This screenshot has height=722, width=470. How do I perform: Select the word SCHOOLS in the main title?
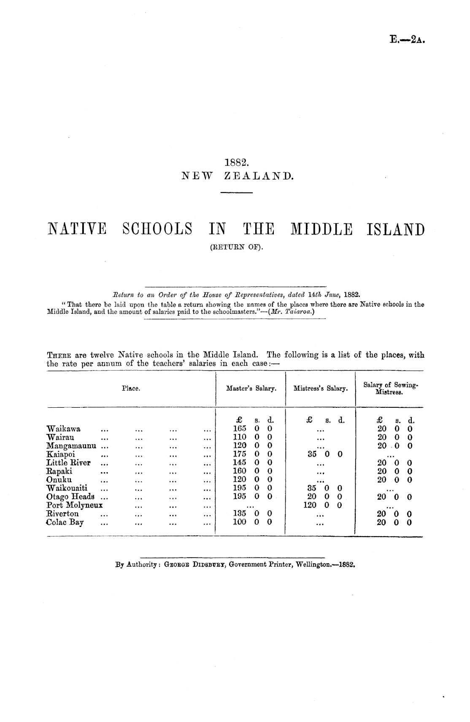[157, 230]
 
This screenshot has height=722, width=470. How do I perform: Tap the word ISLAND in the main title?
[396, 230]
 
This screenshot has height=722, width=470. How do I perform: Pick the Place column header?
[131, 388]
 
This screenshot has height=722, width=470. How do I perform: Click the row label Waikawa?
[64, 429]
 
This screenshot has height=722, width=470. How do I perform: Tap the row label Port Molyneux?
[75, 505]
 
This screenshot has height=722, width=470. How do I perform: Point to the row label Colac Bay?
[65, 522]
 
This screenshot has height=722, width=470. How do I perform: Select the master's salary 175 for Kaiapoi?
[240, 455]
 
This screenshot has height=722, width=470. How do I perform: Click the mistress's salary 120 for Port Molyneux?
[311, 505]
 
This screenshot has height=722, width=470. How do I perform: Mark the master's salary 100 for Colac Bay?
[240, 522]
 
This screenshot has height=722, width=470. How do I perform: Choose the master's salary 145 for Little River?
[240, 463]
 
